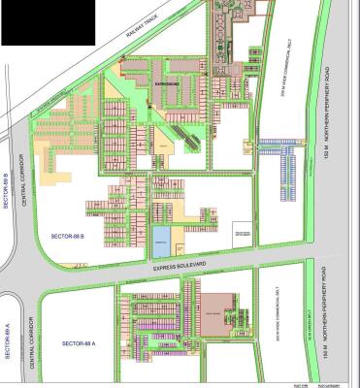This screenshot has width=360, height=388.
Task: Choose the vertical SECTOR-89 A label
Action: click(8, 340)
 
